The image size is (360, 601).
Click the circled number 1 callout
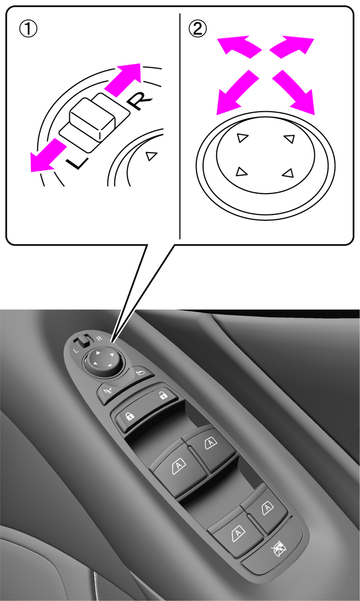28,29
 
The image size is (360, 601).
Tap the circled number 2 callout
197,29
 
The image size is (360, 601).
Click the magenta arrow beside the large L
48,156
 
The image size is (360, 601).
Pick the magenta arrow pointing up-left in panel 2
238,47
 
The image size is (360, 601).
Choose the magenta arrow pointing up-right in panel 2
291,47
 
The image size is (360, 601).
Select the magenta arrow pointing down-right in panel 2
294,92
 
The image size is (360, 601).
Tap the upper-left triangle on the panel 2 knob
242,137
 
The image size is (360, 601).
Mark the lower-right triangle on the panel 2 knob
288,173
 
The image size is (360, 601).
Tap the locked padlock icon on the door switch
129,417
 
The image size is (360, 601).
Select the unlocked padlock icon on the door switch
163,395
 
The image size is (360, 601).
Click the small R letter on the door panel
99,338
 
